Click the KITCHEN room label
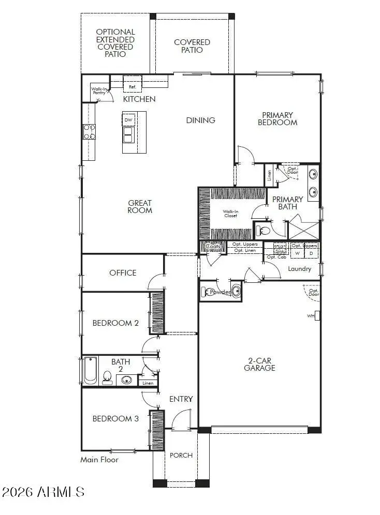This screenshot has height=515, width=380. click(x=139, y=99)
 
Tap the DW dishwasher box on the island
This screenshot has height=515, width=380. click(x=129, y=120)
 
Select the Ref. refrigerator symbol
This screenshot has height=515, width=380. click(x=132, y=87)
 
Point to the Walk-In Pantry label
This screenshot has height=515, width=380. click(x=99, y=91)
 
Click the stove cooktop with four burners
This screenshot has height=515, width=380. click(x=90, y=132)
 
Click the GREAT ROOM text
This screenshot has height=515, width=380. click(x=140, y=207)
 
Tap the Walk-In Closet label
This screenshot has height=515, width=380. click(x=230, y=214)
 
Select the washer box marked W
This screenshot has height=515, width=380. click(x=297, y=254)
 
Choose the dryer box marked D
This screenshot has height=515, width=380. click(x=311, y=254)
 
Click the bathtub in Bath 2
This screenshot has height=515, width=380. click(x=90, y=371)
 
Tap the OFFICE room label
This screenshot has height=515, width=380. click(x=123, y=273)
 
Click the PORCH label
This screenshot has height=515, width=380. click(x=181, y=456)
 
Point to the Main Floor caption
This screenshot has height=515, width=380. click(x=99, y=460)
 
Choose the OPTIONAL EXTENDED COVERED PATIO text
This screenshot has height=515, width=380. click(x=115, y=43)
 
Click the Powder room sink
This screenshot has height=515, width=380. click(x=236, y=291)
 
